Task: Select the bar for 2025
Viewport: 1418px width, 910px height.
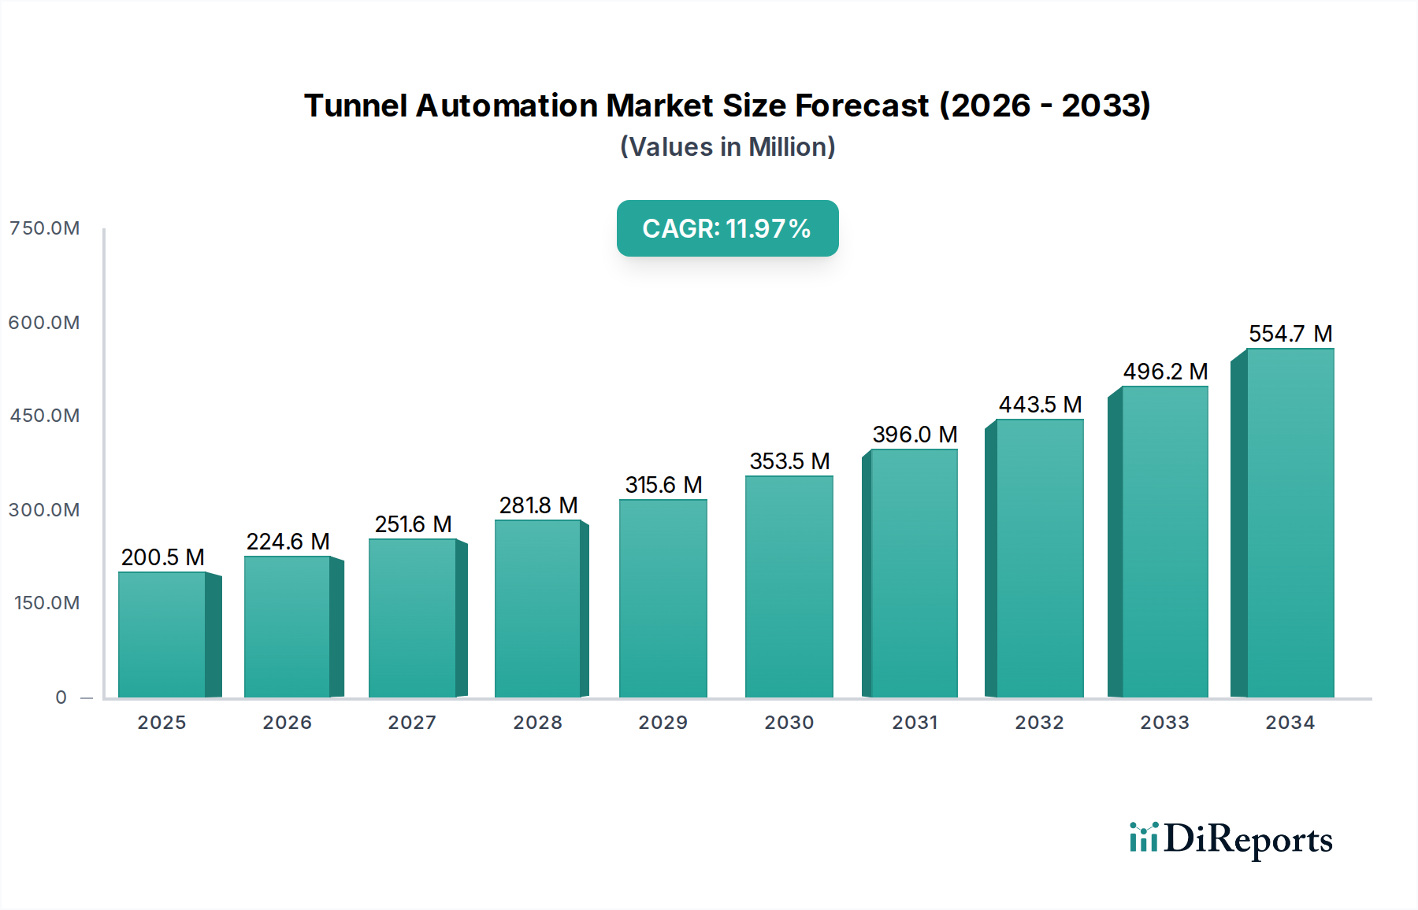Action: [x=162, y=634]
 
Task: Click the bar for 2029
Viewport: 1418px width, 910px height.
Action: [x=663, y=598]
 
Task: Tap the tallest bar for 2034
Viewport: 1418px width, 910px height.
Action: [x=1290, y=523]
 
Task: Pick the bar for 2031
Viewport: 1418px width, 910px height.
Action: [x=914, y=573]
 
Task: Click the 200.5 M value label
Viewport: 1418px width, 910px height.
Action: [x=162, y=557]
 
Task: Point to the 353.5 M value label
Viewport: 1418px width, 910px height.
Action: [x=789, y=461]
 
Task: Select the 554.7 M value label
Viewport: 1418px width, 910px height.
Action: [x=1290, y=334]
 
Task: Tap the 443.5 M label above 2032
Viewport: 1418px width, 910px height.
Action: [x=1040, y=405]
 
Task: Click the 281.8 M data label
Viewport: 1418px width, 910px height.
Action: [x=538, y=505]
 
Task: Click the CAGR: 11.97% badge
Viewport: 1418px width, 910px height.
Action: [x=727, y=228]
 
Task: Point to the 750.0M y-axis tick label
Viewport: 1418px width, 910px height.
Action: [x=44, y=228]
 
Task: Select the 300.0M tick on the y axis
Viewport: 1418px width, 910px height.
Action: [x=44, y=510]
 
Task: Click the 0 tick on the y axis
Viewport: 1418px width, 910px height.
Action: [x=61, y=697]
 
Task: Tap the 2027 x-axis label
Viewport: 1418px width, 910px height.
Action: [x=412, y=723]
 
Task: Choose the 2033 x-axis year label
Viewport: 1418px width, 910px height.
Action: [x=1164, y=723]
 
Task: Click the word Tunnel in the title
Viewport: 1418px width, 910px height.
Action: [x=354, y=105]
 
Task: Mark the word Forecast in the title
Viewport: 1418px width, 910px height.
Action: [x=862, y=105]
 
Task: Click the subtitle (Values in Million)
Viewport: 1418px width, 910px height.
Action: [x=727, y=147]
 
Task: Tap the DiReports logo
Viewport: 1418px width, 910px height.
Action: [x=1231, y=839]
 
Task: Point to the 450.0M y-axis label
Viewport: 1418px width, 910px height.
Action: [x=44, y=416]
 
